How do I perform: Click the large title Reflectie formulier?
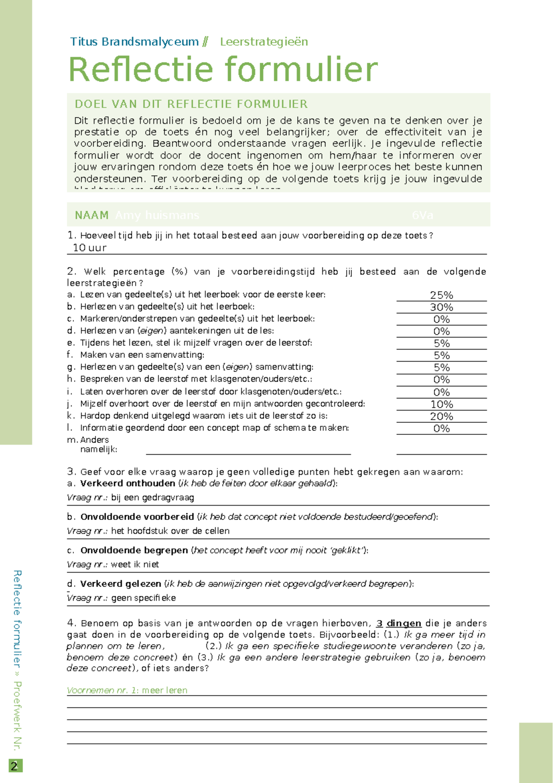[223, 69]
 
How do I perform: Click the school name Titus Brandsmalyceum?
[134, 42]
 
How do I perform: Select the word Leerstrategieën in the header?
[264, 42]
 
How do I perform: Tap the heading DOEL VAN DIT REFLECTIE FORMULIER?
[191, 104]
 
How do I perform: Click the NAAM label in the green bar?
[91, 215]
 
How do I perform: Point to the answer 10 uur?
[90, 248]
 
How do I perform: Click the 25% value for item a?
[441, 295]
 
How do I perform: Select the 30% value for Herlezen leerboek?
[441, 307]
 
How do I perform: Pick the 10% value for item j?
[441, 404]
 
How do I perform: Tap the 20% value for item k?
[441, 416]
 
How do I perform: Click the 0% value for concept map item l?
[441, 428]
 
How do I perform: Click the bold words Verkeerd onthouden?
[127, 483]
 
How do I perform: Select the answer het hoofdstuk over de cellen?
[170, 531]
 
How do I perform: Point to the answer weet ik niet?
[135, 564]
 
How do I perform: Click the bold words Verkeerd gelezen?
[120, 584]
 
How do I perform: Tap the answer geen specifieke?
[144, 598]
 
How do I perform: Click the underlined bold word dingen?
[403, 623]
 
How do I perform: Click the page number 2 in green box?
[15, 766]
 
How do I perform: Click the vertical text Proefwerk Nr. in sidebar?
[17, 716]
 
